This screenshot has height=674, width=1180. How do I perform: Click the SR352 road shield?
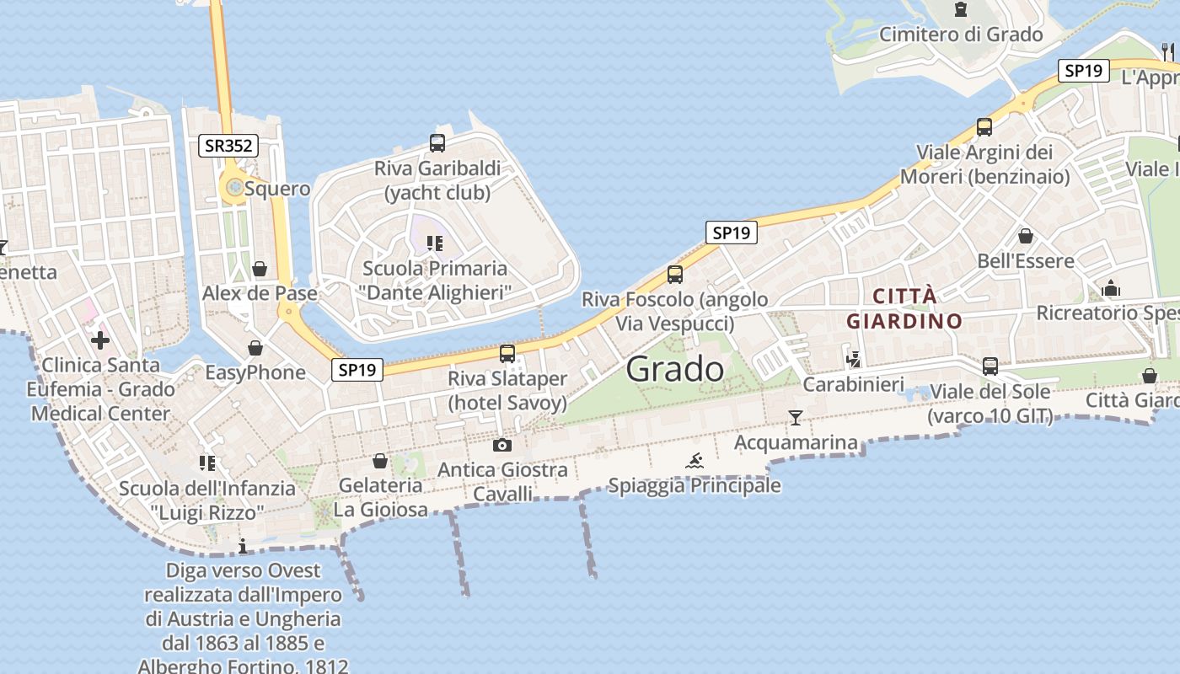click(228, 146)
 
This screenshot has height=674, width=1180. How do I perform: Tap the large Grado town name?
click(675, 369)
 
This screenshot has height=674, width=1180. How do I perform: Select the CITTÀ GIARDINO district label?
click(904, 308)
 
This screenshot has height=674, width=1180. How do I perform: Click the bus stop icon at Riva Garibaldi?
click(437, 143)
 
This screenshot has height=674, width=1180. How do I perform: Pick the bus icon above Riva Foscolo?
click(674, 274)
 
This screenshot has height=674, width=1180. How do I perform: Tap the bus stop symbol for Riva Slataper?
click(507, 354)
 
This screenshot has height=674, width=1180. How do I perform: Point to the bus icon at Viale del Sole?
click(990, 366)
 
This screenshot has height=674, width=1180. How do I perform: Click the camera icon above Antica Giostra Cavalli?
click(502, 445)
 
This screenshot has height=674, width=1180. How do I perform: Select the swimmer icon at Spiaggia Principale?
click(695, 461)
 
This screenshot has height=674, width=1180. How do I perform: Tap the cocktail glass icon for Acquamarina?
click(795, 417)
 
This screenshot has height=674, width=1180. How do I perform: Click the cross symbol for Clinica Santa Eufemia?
click(100, 340)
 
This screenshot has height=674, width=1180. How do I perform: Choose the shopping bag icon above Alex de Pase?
click(260, 269)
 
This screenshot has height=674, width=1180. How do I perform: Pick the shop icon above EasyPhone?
click(255, 348)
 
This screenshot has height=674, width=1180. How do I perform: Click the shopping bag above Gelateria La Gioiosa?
click(380, 461)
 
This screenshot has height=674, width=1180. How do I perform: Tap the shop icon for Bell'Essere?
click(1026, 236)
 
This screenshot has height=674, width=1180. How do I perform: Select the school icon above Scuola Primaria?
click(435, 243)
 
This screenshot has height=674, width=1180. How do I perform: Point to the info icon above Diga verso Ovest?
click(244, 546)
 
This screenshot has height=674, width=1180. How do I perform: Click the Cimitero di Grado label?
click(961, 35)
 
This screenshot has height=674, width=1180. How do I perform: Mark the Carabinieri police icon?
click(854, 360)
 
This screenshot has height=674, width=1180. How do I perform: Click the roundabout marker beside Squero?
click(233, 187)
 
